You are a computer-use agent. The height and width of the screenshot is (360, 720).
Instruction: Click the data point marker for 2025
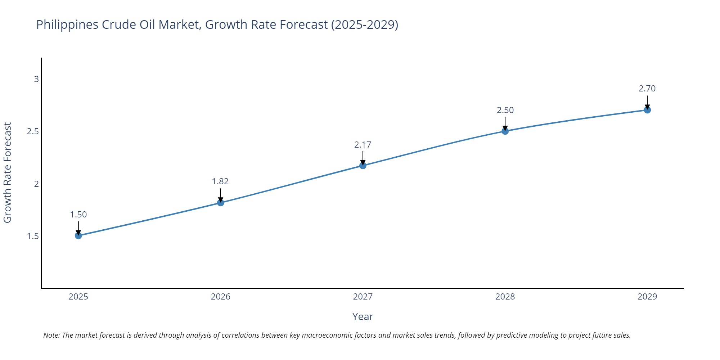click(78, 236)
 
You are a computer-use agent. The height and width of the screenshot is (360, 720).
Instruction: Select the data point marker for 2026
click(221, 203)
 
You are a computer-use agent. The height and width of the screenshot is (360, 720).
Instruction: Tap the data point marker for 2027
click(363, 166)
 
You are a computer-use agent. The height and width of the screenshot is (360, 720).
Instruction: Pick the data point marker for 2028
click(505, 131)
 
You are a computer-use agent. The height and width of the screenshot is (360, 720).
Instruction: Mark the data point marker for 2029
click(647, 110)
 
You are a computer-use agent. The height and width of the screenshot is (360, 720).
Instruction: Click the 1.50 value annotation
click(78, 215)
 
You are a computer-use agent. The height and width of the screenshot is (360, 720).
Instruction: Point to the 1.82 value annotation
click(220, 181)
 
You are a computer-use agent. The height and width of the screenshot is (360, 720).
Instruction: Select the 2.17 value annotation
click(363, 145)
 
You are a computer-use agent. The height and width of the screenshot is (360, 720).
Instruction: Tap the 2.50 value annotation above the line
click(505, 110)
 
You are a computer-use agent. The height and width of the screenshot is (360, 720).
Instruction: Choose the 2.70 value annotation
click(647, 89)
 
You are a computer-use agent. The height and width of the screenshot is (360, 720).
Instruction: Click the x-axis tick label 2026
click(220, 297)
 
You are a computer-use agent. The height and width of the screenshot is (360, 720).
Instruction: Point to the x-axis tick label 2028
click(505, 297)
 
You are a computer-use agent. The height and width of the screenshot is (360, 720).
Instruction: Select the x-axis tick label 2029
click(647, 297)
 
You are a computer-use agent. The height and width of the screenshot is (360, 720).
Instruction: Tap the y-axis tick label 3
click(36, 79)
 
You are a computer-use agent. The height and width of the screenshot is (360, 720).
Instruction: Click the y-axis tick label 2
click(36, 184)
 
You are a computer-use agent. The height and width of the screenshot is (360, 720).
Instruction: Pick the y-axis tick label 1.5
click(33, 236)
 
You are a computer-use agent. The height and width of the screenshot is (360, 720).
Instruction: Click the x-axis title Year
click(363, 316)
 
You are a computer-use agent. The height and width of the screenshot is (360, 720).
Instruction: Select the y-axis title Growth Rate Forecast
click(8, 172)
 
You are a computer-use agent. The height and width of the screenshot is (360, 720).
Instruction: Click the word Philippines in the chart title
click(67, 24)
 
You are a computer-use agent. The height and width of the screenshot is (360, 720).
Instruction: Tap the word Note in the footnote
click(51, 335)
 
